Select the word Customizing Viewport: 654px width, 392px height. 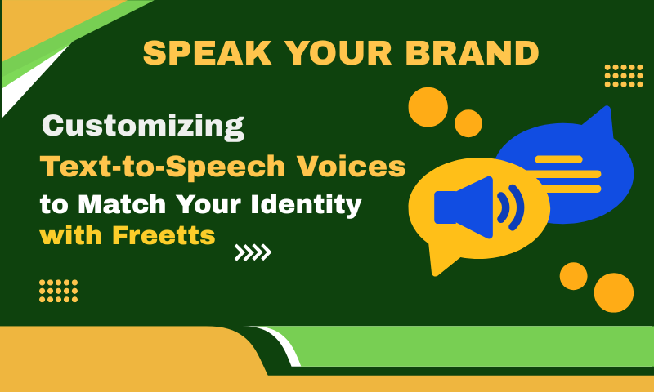point(143,127)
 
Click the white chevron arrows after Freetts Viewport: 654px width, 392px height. point(253,253)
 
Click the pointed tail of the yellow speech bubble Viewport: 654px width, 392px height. point(438,261)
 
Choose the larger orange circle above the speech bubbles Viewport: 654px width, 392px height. point(428,107)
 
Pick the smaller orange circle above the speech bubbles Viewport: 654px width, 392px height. point(468,123)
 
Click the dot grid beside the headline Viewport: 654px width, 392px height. point(624,75)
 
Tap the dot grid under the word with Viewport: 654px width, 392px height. point(59,291)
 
